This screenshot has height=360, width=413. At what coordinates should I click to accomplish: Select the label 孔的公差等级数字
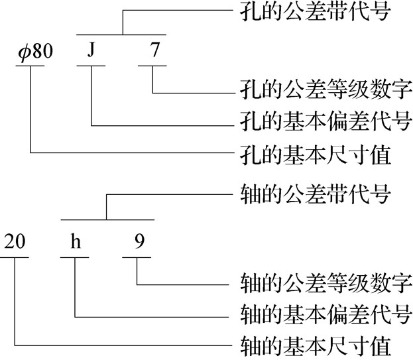(325, 88)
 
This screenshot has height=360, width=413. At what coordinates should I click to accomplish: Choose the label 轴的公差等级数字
(325, 282)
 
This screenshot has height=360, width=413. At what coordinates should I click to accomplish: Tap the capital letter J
(91, 51)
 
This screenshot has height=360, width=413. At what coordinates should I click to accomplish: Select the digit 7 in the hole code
(154, 51)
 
